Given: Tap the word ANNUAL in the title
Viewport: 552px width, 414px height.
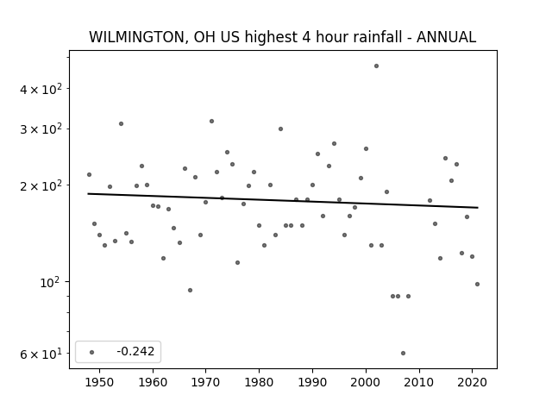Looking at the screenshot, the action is (446, 37).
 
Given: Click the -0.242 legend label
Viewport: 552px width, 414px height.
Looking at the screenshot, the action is (135, 351).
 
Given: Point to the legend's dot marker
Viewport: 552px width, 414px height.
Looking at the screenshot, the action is (92, 352).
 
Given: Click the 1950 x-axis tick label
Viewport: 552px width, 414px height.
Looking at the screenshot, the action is (100, 382).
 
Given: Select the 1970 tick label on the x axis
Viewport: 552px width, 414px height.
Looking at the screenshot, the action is (206, 382).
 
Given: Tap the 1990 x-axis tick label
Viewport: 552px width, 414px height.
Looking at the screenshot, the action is (312, 382).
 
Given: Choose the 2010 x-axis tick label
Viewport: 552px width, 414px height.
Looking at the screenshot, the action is (419, 382).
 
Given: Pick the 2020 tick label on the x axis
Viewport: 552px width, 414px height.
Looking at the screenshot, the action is (473, 382).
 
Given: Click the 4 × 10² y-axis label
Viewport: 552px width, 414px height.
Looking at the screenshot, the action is (41, 89).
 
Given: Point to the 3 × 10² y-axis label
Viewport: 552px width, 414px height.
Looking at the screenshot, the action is (41, 129).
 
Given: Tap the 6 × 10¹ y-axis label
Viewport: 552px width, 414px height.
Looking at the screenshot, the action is (41, 354).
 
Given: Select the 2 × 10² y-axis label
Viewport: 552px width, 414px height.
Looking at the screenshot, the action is (41, 185).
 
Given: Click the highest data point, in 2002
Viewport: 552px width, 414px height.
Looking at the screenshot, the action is (376, 66).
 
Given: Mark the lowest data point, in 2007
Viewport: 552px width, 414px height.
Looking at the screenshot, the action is (403, 353).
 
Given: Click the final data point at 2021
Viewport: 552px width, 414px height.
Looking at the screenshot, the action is (477, 284).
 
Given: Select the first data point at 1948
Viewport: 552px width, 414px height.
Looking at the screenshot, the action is (89, 174).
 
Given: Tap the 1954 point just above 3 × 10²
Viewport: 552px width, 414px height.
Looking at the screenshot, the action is (121, 124).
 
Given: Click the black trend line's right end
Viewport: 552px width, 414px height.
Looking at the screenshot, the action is (478, 207).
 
